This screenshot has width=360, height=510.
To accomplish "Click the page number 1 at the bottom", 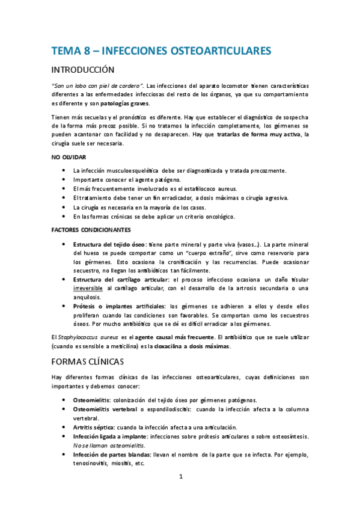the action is (180, 477).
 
